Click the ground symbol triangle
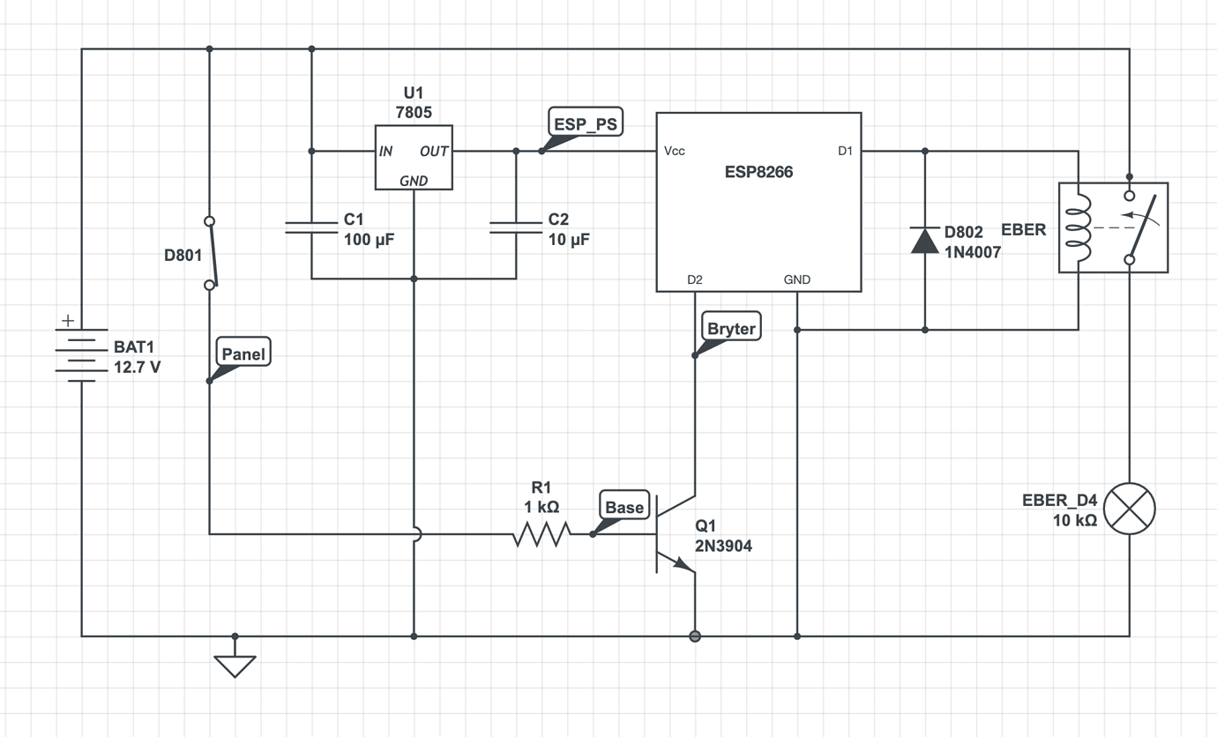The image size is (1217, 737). (235, 666)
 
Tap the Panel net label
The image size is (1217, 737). (243, 354)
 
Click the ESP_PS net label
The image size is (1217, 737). (585, 123)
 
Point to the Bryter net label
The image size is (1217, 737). (730, 329)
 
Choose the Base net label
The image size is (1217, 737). (624, 507)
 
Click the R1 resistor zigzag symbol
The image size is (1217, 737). (541, 533)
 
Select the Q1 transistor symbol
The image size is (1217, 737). (675, 534)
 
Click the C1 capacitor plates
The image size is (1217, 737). (311, 227)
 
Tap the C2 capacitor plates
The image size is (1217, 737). (516, 227)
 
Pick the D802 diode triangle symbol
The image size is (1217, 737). (924, 240)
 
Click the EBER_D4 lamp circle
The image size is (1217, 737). (1129, 509)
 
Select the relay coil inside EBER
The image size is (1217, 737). (1078, 227)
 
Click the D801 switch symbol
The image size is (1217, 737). (210, 253)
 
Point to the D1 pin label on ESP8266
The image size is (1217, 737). (845, 151)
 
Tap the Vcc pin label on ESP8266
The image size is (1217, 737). (675, 151)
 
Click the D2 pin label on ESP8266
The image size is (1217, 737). (695, 279)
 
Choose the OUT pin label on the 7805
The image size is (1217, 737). (434, 152)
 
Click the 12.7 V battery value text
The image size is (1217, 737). (138, 367)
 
